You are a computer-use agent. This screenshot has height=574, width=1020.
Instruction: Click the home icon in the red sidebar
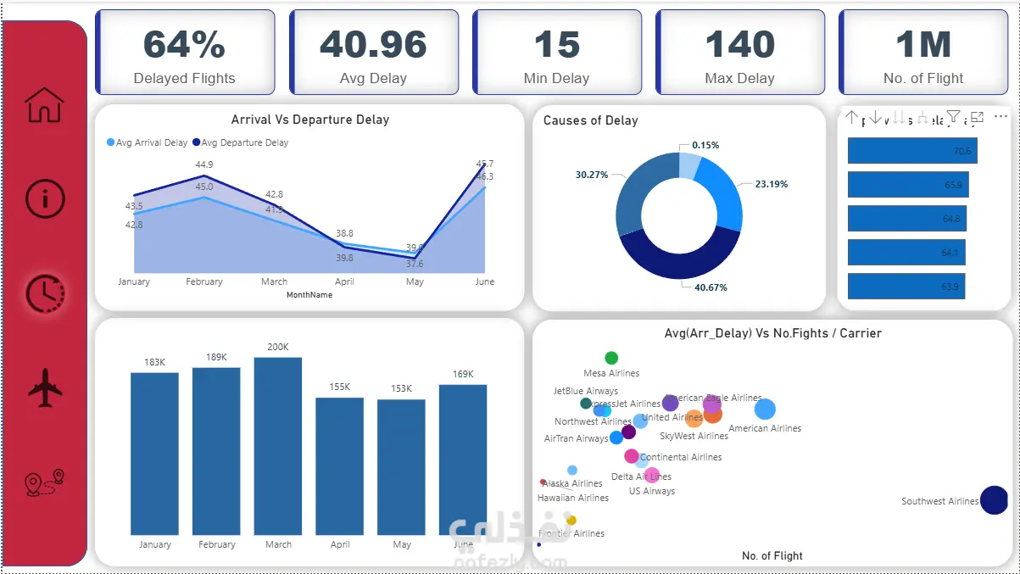point(44,105)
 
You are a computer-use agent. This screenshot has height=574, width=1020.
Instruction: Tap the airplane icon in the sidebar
point(45,388)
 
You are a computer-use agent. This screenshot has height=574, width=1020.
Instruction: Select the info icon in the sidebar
point(45,198)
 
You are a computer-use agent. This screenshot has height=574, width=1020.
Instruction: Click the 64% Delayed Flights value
point(184,44)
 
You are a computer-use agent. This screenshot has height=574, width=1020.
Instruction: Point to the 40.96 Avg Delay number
point(373,44)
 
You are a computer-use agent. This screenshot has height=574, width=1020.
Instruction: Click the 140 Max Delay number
point(739,44)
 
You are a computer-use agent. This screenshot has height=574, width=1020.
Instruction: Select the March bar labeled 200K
point(278,445)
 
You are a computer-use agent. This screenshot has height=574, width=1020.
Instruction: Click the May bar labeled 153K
point(401,466)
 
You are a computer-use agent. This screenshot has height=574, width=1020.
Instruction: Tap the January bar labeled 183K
point(154,454)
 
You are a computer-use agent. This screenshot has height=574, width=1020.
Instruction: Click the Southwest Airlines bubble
point(994,500)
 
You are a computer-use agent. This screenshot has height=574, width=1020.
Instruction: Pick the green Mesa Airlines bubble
point(611,359)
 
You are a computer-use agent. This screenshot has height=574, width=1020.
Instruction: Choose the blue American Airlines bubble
point(765,410)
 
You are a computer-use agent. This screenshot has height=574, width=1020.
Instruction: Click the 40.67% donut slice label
point(710,287)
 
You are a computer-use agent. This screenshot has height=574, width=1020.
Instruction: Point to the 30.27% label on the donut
point(592,175)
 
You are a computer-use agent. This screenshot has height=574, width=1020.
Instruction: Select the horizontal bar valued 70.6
point(912,151)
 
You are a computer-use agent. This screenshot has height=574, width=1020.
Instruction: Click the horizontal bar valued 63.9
point(906,287)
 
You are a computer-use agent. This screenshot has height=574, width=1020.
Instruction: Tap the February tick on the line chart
point(204,281)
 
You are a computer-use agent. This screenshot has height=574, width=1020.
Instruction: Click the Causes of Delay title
point(590,120)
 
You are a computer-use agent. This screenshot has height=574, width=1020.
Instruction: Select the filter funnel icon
point(953,117)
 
